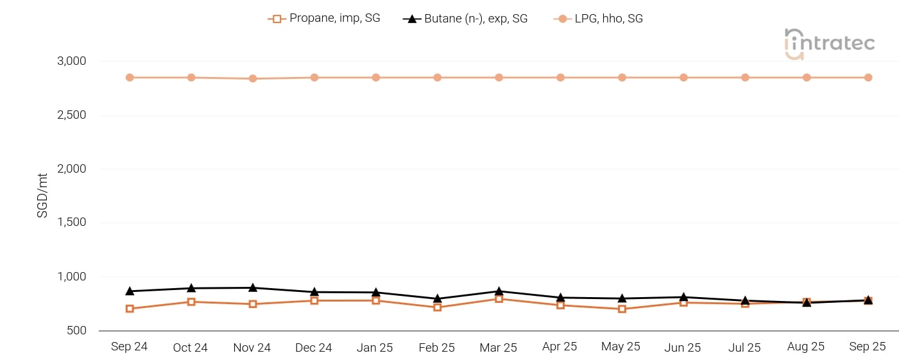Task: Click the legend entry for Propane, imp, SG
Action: pyautogui.click(x=324, y=19)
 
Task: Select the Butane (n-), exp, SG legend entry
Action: pyautogui.click(x=465, y=19)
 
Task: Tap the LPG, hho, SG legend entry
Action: pyautogui.click(x=598, y=19)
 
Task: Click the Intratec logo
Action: pyautogui.click(x=829, y=44)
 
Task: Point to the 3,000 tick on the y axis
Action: pyautogui.click(x=72, y=62)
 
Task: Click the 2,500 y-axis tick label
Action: pyautogui.click(x=72, y=116)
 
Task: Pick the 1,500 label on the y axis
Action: pyautogui.click(x=72, y=223)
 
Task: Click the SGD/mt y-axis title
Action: pyautogui.click(x=42, y=196)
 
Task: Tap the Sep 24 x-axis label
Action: pyautogui.click(x=129, y=347)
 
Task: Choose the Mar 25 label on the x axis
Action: pyautogui.click(x=498, y=347)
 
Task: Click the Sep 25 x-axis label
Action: pyautogui.click(x=868, y=347)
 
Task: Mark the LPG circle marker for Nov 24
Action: pyautogui.click(x=253, y=78)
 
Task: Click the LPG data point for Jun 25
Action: pyautogui.click(x=683, y=78)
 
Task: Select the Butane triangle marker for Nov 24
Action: pyautogui.click(x=253, y=287)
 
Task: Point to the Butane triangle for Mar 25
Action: pyautogui.click(x=499, y=291)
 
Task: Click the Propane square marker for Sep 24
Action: pyautogui.click(x=130, y=309)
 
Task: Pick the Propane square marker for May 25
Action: pyautogui.click(x=622, y=309)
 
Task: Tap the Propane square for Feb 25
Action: pyautogui.click(x=437, y=307)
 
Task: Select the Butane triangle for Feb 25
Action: pyautogui.click(x=437, y=298)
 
